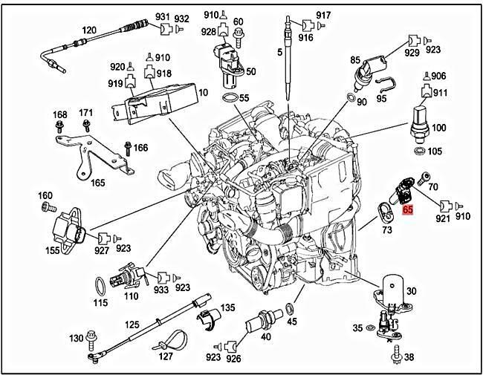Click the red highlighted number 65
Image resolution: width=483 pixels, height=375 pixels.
(408, 210)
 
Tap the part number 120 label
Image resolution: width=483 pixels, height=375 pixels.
(89, 30)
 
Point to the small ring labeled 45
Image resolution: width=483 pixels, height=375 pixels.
(292, 308)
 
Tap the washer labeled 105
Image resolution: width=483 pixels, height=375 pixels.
(420, 151)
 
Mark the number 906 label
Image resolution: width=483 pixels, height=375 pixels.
(438, 76)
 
